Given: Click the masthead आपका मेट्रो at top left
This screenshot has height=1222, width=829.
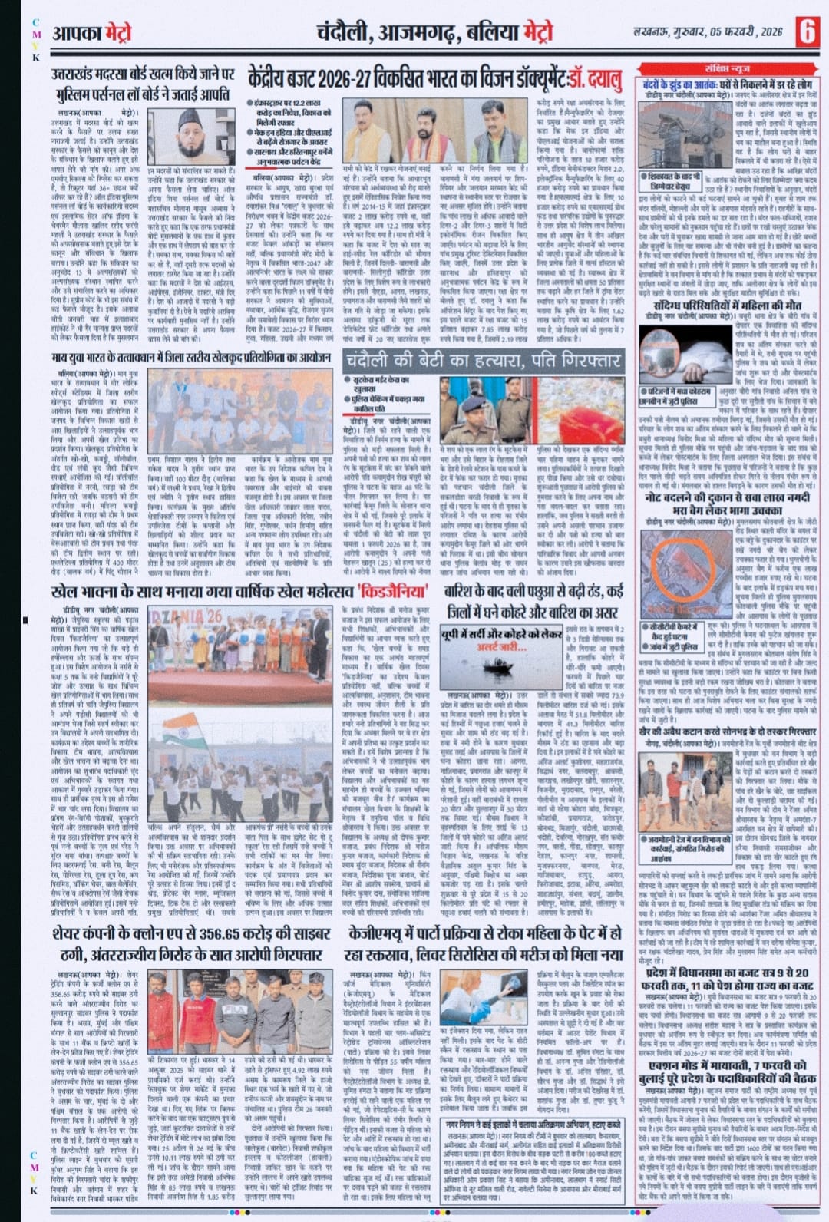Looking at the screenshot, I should (92, 33).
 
